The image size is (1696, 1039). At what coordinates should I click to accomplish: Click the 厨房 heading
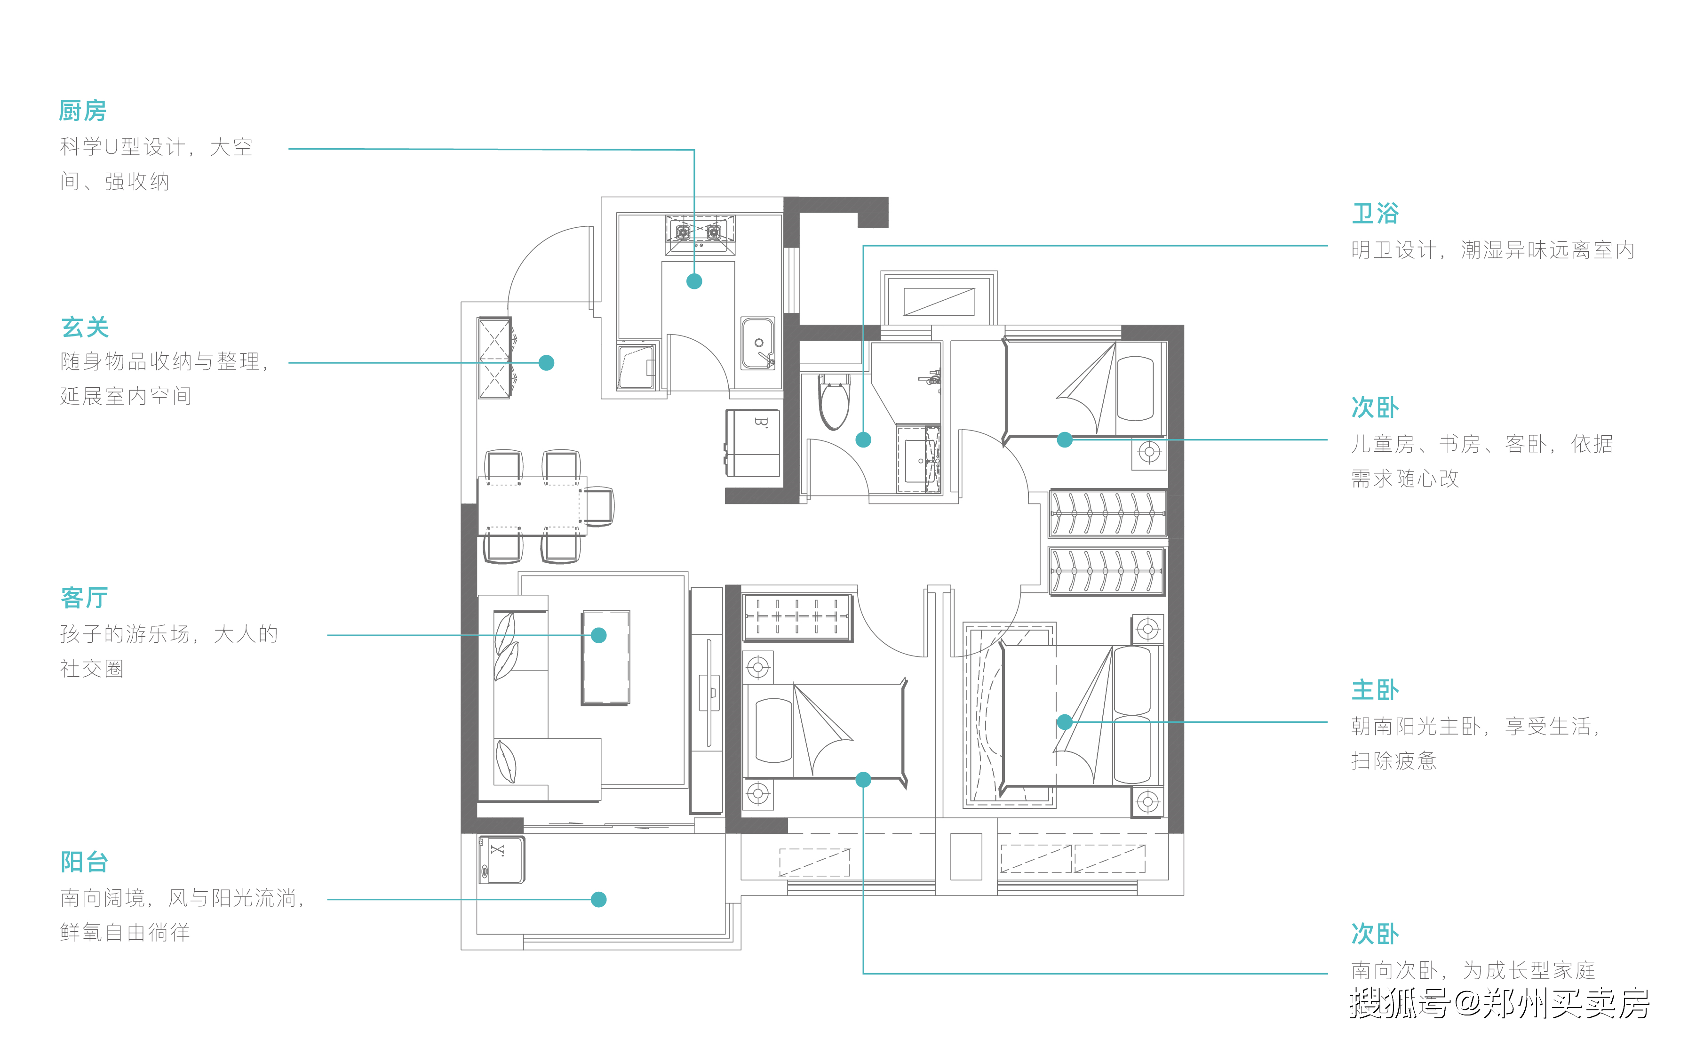coord(83,110)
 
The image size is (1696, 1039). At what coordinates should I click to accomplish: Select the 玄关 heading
coord(85,327)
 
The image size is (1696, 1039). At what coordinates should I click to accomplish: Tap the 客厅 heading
coord(85,598)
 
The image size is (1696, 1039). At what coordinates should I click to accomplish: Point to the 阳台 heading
coord(85,861)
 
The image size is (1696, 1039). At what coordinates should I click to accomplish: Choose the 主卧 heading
coord(1375,689)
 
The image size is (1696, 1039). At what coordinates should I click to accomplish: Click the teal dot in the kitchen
coord(694,281)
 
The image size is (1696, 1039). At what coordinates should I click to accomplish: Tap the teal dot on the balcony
coord(599,899)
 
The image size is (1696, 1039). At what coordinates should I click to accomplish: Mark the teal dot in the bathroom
coord(863,440)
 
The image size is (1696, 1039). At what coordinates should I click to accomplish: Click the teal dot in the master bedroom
coord(1065,721)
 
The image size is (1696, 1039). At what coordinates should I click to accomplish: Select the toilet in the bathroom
coord(834,402)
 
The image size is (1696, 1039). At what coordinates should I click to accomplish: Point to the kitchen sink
coord(758,343)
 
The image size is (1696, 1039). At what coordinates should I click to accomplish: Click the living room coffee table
coord(606,657)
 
